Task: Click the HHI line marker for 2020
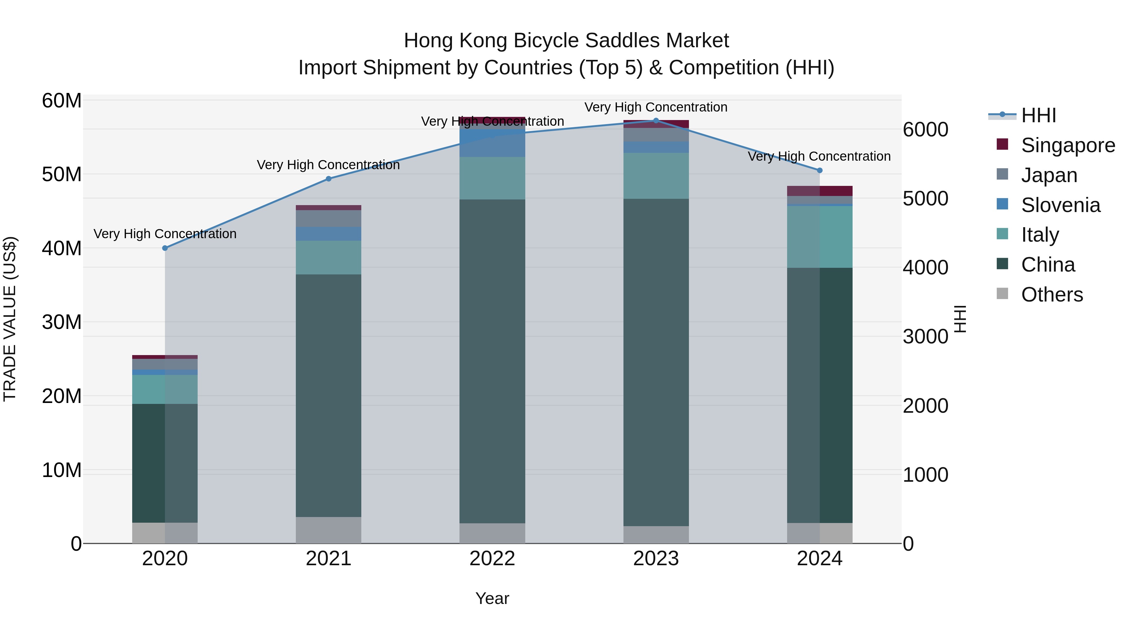[165, 248]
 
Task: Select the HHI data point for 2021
[329, 179]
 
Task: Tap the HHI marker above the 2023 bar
[656, 121]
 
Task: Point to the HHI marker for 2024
[820, 170]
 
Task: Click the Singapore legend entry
[1068, 145]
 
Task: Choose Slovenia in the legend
[1060, 205]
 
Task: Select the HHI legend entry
[1038, 115]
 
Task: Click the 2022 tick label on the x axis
[492, 559]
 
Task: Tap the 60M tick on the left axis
[62, 101]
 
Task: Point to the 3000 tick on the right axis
[925, 337]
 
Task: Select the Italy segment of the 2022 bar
[492, 178]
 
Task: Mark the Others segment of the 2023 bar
[656, 535]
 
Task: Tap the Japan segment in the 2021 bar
[329, 218]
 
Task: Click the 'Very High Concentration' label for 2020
[165, 234]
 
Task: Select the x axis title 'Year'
[492, 598]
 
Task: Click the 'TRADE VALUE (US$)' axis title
[10, 319]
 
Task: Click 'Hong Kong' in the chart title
[456, 41]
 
